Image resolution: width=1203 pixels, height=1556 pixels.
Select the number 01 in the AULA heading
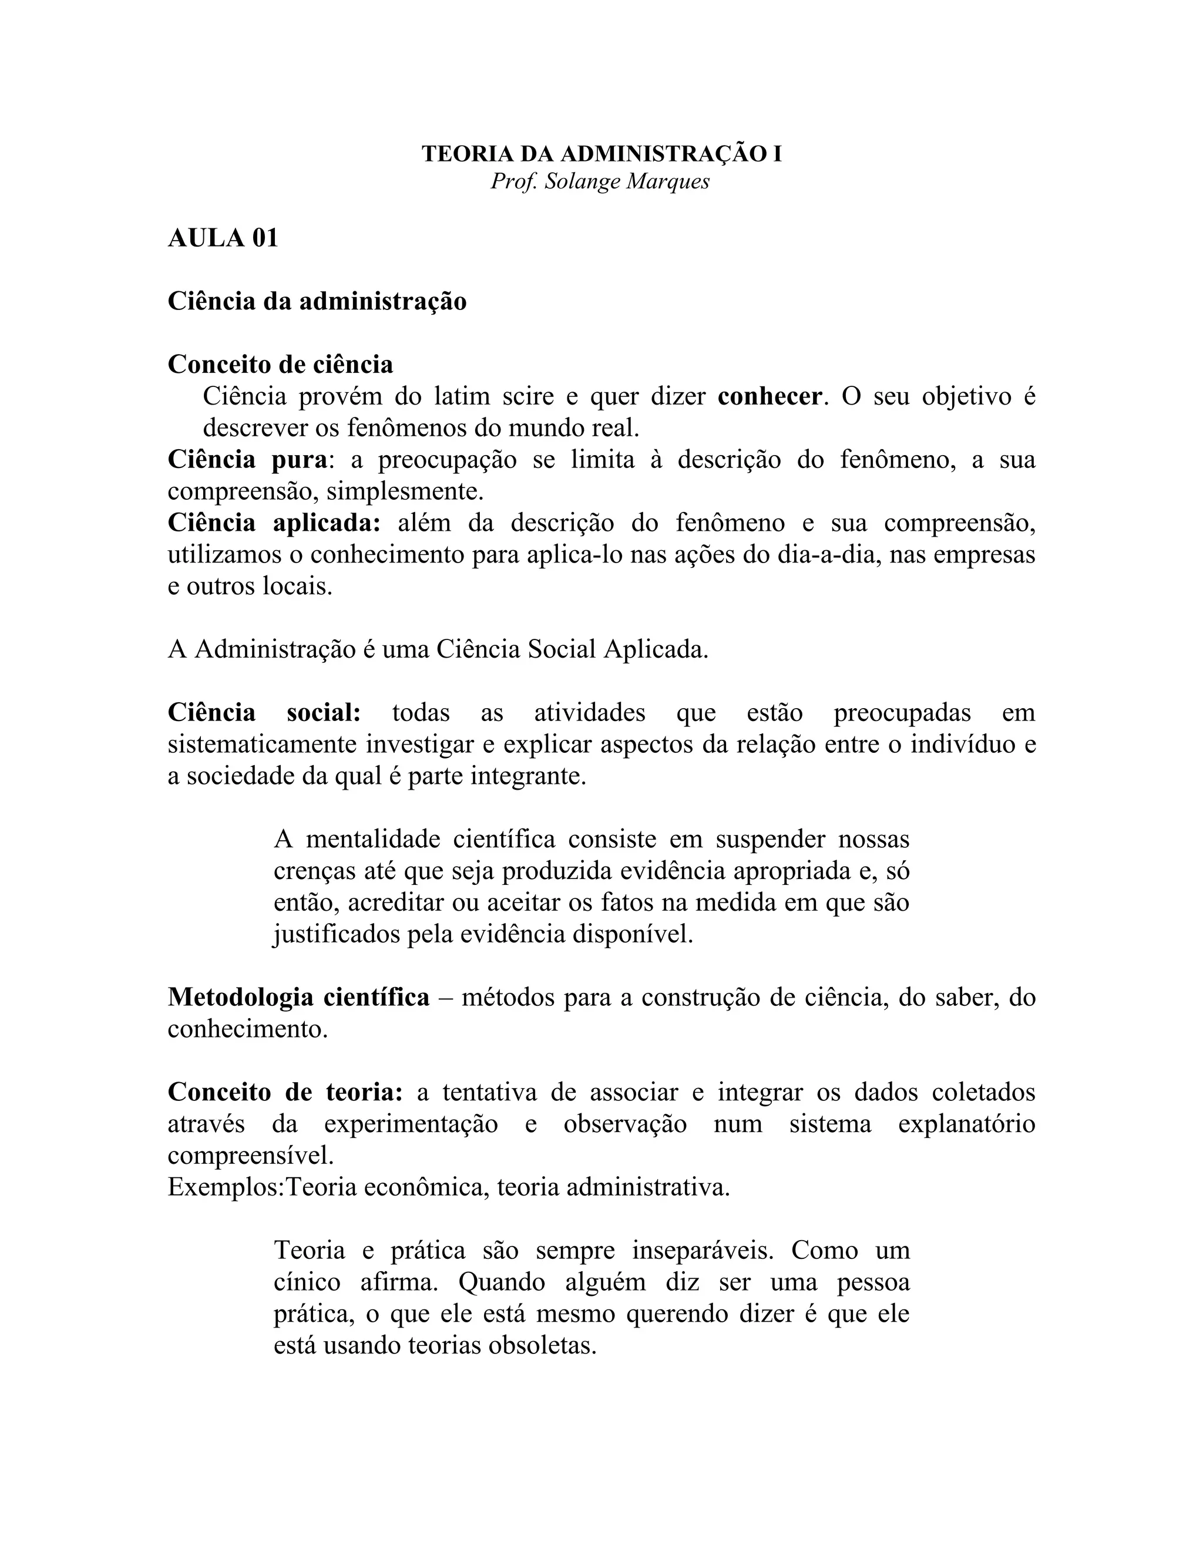[264, 238]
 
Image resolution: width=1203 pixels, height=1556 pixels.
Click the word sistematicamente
[262, 745]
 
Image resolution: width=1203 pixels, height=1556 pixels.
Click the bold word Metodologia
[238, 998]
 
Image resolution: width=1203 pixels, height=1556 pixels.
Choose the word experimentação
[411, 1124]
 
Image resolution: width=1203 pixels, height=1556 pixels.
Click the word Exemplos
[224, 1188]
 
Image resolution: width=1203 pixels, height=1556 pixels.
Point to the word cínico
[307, 1282]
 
